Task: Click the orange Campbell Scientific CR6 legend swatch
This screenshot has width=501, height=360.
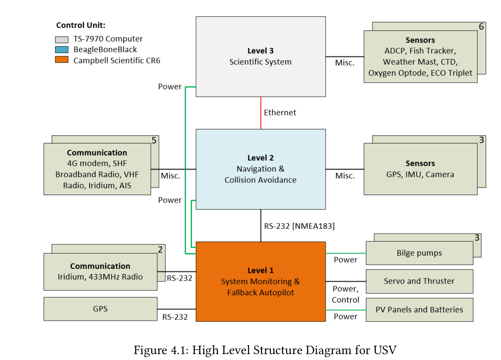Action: [x=62, y=60]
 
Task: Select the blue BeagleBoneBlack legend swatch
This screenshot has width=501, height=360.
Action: [x=62, y=49]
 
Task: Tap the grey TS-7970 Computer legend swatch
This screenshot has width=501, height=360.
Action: [x=62, y=39]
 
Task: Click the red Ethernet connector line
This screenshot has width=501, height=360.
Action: [x=261, y=113]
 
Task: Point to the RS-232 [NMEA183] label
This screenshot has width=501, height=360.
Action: [x=299, y=226]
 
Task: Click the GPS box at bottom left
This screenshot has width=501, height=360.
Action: [x=100, y=309]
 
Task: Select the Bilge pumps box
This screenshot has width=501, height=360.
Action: [x=419, y=253]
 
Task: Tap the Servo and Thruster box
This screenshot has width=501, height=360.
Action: [x=419, y=281]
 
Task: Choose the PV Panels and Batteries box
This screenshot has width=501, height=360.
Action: [x=419, y=310]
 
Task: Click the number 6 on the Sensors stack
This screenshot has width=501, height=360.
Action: [x=481, y=27]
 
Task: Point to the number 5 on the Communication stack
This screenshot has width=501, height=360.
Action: [x=154, y=141]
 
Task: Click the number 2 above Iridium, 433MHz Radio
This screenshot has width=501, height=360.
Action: [x=160, y=250]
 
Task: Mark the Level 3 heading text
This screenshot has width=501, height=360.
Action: [x=261, y=51]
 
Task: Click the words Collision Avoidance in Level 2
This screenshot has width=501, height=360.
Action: [x=261, y=180]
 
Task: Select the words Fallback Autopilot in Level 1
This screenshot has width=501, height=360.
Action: [x=261, y=293]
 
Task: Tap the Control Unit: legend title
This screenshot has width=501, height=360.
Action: [x=81, y=25]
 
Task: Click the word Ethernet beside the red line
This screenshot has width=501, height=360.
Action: [x=280, y=113]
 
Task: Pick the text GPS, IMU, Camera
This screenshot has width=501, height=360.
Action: [x=420, y=175]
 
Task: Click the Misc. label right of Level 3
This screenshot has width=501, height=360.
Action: [x=345, y=63]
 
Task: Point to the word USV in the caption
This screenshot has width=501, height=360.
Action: [x=385, y=350]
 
